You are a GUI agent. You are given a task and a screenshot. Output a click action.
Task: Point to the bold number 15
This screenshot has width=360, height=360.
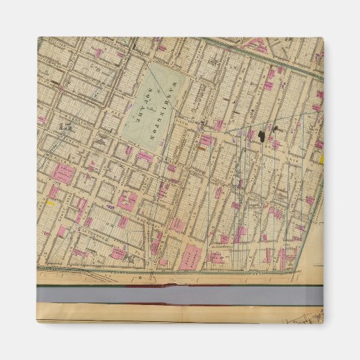[66, 126]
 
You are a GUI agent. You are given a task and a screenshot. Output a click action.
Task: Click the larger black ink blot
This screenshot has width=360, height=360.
[261, 134]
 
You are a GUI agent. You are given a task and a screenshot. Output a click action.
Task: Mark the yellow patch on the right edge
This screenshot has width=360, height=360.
[321, 159]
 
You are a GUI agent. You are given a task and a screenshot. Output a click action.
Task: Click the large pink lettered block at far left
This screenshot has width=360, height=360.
[63, 173]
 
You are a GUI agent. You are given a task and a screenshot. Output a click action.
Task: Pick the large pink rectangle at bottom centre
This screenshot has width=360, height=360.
[192, 257]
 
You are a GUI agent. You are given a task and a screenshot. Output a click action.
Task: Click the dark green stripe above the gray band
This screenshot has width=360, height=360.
[180, 285]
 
